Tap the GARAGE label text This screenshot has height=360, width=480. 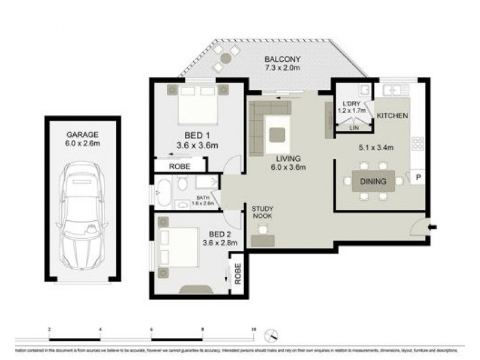pyautogui.click(x=83, y=135)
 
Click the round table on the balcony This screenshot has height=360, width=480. pyautogui.click(x=226, y=58)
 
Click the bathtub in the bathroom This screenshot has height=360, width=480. pyautogui.click(x=164, y=193)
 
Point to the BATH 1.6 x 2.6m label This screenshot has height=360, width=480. pyautogui.click(x=203, y=201)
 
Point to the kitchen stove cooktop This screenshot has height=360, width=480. pyautogui.click(x=418, y=144)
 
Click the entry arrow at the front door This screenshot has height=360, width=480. pyautogui.click(x=434, y=227)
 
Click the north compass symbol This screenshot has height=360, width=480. pyautogui.click(x=275, y=334)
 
